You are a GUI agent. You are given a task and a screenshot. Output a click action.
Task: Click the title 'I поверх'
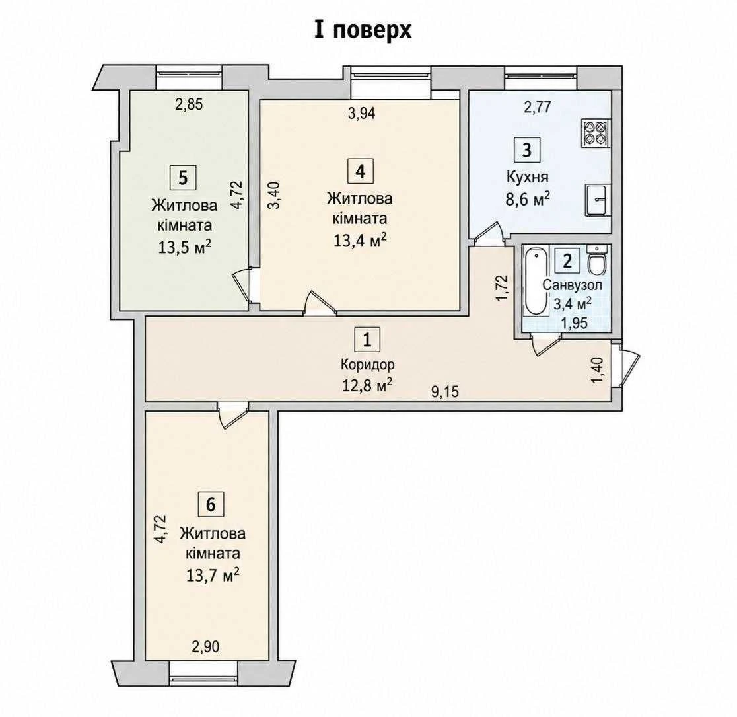pos(363,30)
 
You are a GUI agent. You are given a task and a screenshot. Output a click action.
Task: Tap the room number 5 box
pos(183,178)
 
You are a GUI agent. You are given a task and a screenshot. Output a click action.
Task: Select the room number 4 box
pos(360,170)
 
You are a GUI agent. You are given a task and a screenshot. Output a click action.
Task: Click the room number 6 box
pos(211,504)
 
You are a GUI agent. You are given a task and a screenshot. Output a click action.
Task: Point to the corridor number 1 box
pos(367,339)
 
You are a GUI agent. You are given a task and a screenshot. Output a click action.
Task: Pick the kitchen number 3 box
pos(527,149)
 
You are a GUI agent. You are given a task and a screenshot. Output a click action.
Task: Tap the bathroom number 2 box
pos(567,260)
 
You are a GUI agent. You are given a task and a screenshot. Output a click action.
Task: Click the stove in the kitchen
pos(596,133)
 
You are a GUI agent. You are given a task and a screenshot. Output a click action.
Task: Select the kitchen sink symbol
pos(598,200)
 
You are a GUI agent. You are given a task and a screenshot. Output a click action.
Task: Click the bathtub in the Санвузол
pos(534,282)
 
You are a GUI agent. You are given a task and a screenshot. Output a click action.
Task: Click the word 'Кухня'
pos(528,177)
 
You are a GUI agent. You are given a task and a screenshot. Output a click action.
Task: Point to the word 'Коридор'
pos(367,365)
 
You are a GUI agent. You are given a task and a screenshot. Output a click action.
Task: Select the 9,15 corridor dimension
pos(444,391)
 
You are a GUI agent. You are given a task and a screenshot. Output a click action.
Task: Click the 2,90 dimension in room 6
pos(205,646)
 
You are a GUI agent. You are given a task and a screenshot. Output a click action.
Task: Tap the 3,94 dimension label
pos(361,113)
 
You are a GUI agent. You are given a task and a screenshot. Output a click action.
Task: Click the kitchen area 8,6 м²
pos(528,198)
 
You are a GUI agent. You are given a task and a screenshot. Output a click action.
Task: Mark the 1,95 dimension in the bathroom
pos(575,323)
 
